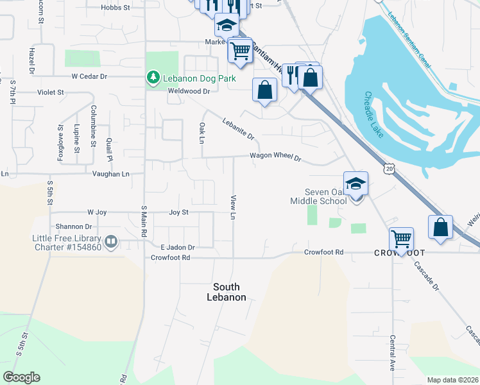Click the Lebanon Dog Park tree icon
pyautogui.click(x=153, y=78)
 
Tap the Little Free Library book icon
pyautogui.click(x=112, y=241)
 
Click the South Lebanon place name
pyautogui.click(x=226, y=292)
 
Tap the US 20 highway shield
pyautogui.click(x=389, y=168)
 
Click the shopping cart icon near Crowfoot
pyautogui.click(x=402, y=239)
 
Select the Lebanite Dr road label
pyautogui.click(x=239, y=128)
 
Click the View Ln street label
pyautogui.click(x=234, y=207)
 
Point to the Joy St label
pyautogui.click(x=178, y=212)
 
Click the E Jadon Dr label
pyautogui.click(x=177, y=247)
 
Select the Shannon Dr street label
pyautogui.click(x=69, y=227)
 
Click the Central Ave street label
pyautogui.click(x=392, y=352)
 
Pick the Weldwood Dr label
pyautogui.click(x=189, y=91)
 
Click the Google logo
pyautogui.click(x=22, y=377)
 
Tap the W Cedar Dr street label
pyautogui.click(x=89, y=76)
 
